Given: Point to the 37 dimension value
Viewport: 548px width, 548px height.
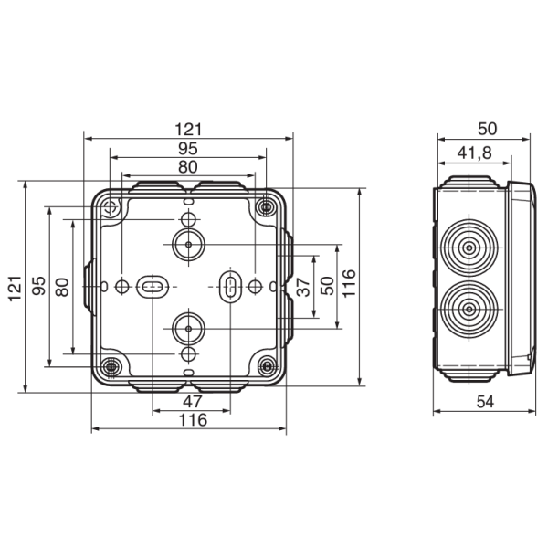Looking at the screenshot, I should tap(304, 285).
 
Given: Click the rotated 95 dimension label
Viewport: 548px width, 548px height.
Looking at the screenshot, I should tap(38, 287).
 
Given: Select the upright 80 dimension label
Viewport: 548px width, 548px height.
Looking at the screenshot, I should tap(187, 166).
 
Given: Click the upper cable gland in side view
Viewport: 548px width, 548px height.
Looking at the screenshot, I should tap(468, 248).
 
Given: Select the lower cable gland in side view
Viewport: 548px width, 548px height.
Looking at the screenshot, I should tap(468, 310).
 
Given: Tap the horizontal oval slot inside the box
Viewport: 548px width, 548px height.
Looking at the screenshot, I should tap(152, 287).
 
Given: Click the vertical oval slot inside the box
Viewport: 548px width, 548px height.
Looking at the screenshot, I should tap(230, 286).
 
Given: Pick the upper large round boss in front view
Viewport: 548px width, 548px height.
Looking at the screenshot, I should tap(187, 245).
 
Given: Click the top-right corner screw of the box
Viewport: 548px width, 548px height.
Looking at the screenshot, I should tap(266, 208).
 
